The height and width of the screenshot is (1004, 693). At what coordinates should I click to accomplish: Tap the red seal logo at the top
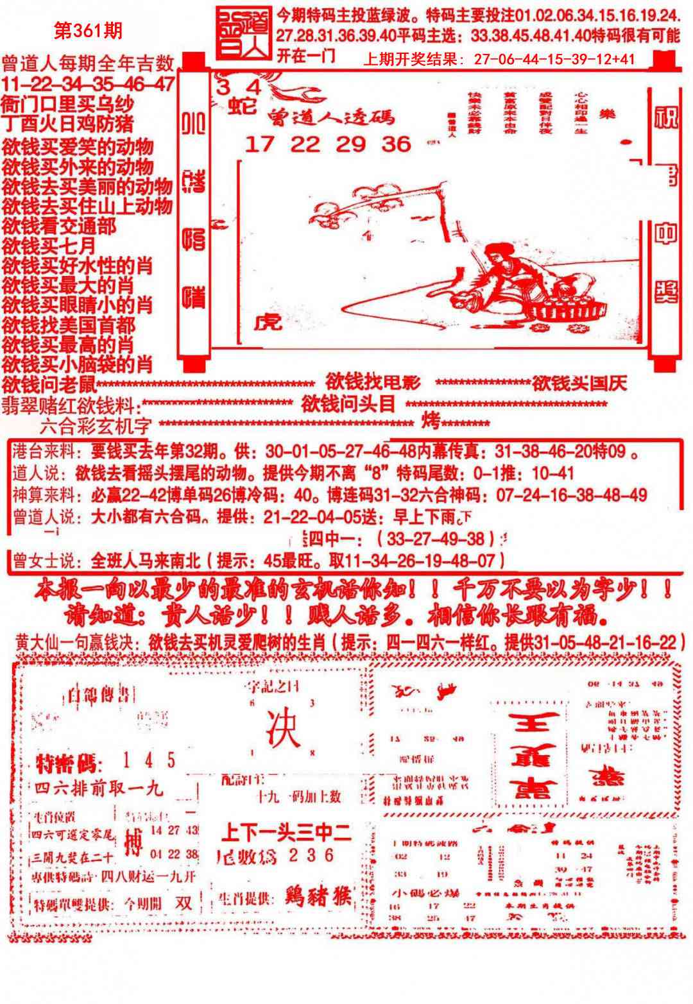point(243,35)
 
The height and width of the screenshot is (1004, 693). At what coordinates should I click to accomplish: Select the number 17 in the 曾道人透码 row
point(259,144)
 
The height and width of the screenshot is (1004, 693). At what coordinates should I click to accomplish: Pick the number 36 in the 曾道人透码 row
point(396,144)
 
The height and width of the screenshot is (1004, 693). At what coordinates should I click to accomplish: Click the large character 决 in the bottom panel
point(283,731)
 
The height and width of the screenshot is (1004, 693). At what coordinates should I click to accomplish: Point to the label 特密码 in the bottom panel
point(66,763)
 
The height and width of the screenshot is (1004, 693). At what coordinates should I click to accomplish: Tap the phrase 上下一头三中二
point(286,833)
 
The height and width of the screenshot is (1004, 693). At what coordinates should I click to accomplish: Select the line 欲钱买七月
point(49,245)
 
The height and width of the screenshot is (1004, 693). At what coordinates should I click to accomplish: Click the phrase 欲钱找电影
point(373,383)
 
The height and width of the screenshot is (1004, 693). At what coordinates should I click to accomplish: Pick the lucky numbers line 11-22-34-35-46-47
point(88,84)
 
